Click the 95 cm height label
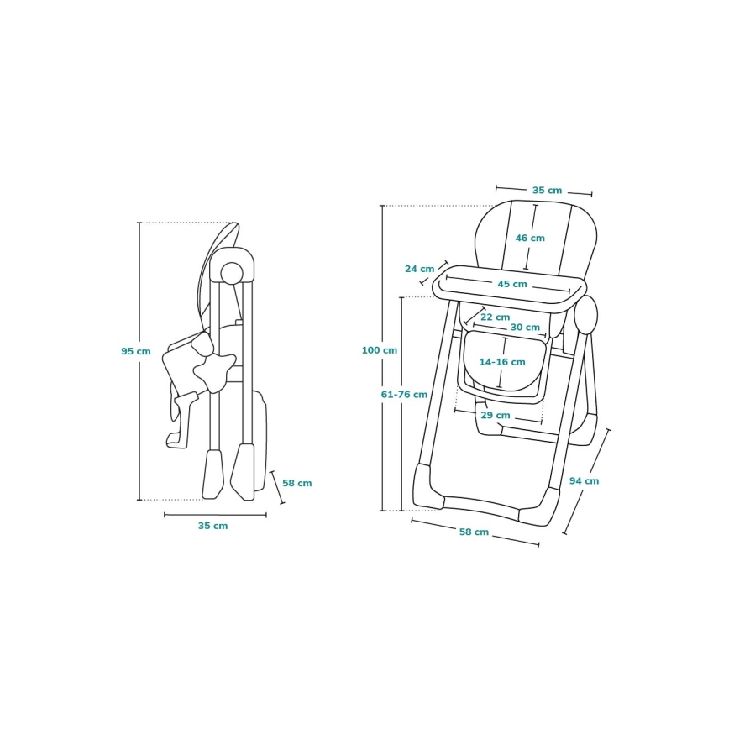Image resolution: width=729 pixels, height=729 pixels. click(136, 351)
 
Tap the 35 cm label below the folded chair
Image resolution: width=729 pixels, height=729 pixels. click(213, 526)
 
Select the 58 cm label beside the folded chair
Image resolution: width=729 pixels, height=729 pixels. click(297, 483)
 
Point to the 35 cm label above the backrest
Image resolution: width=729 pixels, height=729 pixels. click(548, 190)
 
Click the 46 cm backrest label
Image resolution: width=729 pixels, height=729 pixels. click(530, 238)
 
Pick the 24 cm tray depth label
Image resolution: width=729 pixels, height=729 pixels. click(419, 269)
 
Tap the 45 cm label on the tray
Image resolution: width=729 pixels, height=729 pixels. click(512, 284)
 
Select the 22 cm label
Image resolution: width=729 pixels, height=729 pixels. click(496, 317)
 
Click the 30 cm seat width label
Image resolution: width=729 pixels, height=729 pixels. click(525, 328)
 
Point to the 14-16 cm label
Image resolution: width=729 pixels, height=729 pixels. click(502, 362)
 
